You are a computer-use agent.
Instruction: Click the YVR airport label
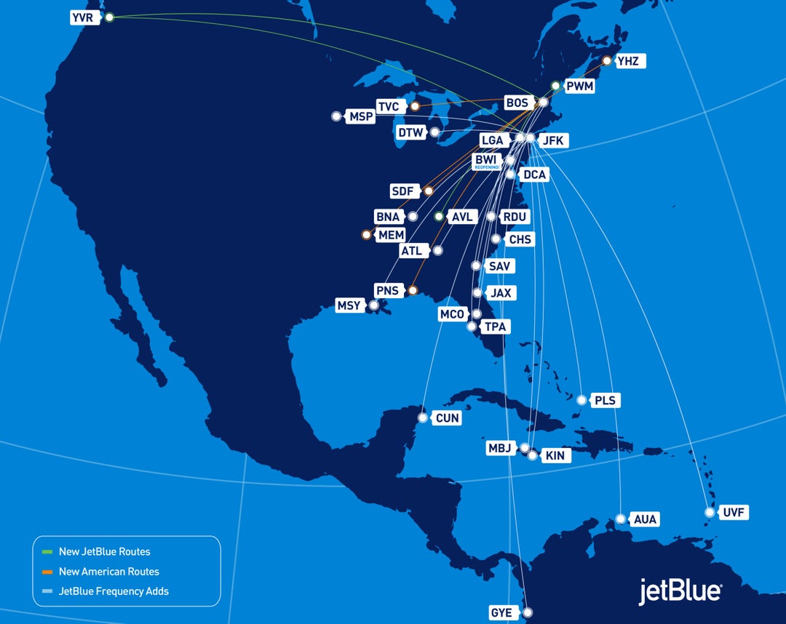coord(84,17)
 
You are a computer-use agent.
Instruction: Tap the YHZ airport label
coord(627,61)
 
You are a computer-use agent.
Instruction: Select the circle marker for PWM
coord(555,86)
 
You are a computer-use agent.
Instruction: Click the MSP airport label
coord(361,116)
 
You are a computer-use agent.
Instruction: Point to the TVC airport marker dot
coord(415,107)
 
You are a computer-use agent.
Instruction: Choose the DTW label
coord(410,132)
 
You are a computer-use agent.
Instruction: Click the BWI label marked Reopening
coord(485,161)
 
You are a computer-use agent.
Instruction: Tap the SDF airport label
coord(402,191)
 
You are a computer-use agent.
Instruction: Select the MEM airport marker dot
coord(366,235)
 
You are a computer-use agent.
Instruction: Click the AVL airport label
coord(461,217)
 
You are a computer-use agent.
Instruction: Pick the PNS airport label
coord(387,290)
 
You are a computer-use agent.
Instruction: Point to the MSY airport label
coord(349,305)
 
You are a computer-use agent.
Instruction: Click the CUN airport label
coord(447,418)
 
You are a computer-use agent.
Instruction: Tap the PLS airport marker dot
coord(581,400)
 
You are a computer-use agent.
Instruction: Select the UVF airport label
coord(734,513)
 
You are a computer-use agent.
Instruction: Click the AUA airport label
coord(645,519)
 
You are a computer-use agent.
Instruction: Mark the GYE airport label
coord(501,612)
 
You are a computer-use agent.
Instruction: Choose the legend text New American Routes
coord(109,572)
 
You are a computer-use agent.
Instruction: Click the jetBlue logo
coord(680,591)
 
